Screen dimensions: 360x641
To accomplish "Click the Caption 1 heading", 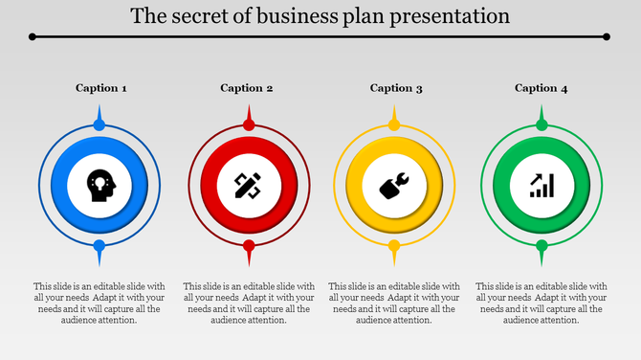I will (x=100, y=88).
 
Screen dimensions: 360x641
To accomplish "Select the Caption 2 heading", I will (x=247, y=88).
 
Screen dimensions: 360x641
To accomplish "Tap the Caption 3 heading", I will (x=396, y=88).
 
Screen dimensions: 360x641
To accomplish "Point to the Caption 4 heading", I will (x=542, y=88).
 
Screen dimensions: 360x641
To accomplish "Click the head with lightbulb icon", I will (x=99, y=184).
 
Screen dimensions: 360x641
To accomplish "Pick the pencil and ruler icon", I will (x=248, y=184).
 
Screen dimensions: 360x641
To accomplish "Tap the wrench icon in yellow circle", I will (x=394, y=185).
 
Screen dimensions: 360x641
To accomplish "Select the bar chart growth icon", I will (x=542, y=185).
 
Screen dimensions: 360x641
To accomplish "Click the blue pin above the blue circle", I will (x=99, y=124).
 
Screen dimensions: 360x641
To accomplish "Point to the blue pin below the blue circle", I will (x=99, y=247).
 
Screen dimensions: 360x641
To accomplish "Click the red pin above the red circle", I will (x=249, y=124).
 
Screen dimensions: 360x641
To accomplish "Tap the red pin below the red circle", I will (x=249, y=247).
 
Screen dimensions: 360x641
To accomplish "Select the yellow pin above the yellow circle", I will (x=394, y=124).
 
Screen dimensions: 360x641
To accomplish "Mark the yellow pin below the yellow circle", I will (x=394, y=247).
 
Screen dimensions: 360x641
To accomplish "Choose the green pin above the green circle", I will (x=542, y=124).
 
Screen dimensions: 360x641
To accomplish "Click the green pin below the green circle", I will (x=542, y=247).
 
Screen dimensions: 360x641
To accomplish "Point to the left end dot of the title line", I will (x=33, y=36).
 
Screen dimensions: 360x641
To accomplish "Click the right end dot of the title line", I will (x=608, y=36).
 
